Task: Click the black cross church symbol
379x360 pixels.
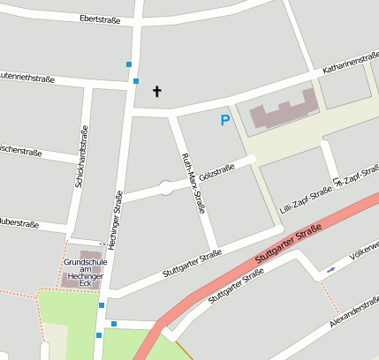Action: pos(158,91)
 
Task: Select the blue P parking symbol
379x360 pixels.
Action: pos(225,120)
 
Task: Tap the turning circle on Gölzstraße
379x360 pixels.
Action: pos(165,186)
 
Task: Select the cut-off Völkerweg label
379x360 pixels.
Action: pos(363,255)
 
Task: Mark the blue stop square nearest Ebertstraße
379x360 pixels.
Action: pos(129,64)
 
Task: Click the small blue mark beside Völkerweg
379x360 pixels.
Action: pos(330,268)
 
